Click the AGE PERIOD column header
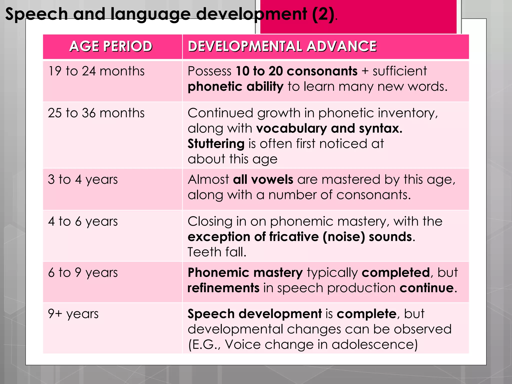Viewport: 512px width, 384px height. pos(111,46)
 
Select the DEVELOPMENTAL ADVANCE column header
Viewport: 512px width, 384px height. pos(282,46)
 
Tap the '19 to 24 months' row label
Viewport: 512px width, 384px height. pos(96,71)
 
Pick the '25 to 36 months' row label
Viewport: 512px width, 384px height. pos(96,113)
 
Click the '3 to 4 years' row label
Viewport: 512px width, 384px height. pos(83,180)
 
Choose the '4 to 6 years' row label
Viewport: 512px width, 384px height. pos(83,221)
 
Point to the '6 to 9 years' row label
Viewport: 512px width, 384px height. pos(83,272)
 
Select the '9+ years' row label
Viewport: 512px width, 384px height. pos(73,314)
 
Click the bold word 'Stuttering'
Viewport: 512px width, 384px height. pos(216,144)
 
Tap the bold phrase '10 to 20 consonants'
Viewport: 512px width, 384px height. pos(297,71)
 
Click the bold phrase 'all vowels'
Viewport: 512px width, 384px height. pos(263,180)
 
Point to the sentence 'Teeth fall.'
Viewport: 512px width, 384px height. pos(217,252)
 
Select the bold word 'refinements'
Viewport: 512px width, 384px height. pos(223,288)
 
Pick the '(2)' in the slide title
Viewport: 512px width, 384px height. pos(323,14)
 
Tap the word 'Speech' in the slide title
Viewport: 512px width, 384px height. pos(36,14)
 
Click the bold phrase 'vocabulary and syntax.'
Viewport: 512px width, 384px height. pos(329,128)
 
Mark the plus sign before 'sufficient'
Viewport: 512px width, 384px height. pos(365,71)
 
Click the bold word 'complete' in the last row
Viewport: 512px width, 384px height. pos(366,314)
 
